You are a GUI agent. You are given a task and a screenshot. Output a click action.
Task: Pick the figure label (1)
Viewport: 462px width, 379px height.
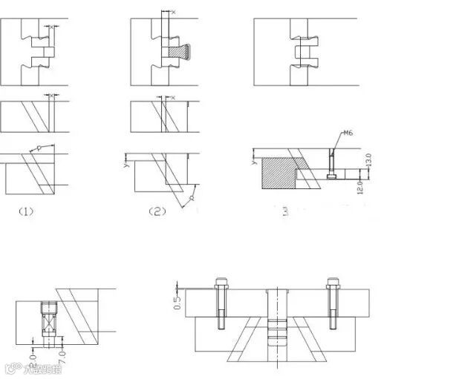[26, 211]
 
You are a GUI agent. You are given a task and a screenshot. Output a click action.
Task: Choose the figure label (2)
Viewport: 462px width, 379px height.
[157, 211]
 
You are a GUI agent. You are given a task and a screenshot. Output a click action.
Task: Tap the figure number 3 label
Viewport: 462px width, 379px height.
[285, 211]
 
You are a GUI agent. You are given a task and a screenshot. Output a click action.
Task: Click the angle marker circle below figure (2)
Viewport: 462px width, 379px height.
[191, 198]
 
